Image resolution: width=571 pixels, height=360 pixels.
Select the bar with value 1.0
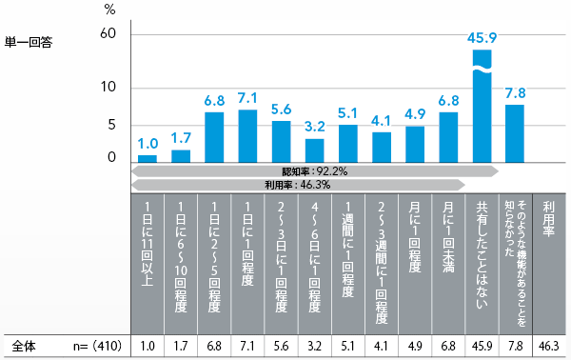pos(148,158)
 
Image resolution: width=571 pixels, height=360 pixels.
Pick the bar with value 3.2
pos(314,150)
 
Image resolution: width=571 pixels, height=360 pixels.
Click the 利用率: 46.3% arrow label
pos(297,185)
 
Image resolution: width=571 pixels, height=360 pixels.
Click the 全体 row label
pos(26,345)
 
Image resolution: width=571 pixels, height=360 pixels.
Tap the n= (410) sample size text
pos(91,345)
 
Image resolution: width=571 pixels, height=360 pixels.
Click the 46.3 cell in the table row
pos(549,345)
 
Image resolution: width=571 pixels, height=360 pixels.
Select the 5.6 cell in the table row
pos(281,345)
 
